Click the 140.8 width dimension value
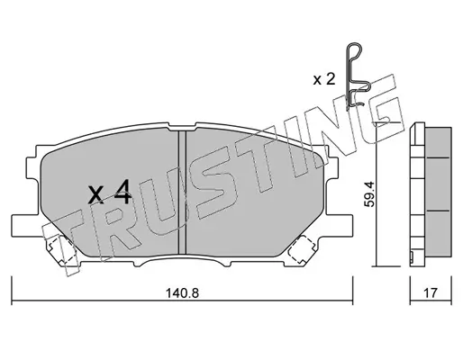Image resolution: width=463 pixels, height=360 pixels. tap(183, 292)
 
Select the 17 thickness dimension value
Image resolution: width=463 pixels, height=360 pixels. tap(431, 292)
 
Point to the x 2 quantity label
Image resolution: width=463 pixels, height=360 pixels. tap(324, 79)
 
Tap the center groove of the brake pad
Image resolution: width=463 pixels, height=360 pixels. tap(182, 192)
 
